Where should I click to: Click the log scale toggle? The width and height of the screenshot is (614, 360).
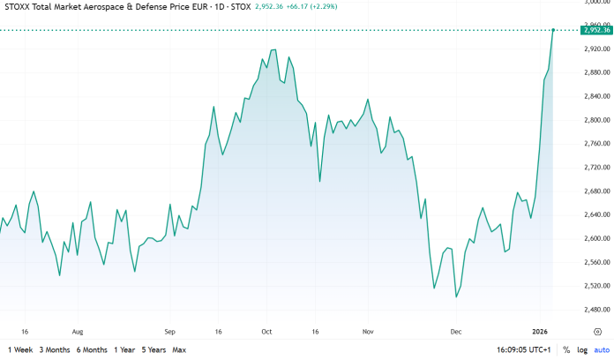pyautogui.click(x=582, y=350)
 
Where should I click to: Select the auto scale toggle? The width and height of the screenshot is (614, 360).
pyautogui.click(x=602, y=350)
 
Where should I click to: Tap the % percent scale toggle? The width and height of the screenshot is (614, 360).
pyautogui.click(x=566, y=350)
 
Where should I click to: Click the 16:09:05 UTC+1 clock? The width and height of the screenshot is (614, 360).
pyautogui.click(x=522, y=350)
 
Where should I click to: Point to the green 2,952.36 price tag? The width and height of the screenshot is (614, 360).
pyautogui.click(x=595, y=30)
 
